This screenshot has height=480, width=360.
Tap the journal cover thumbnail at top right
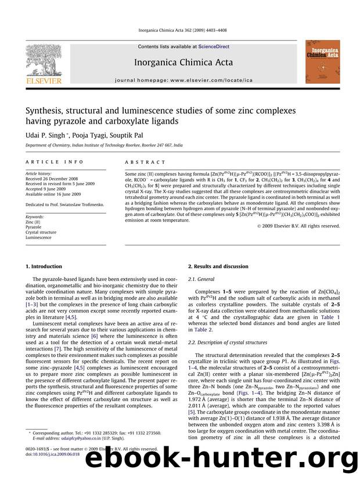(x=323, y=61)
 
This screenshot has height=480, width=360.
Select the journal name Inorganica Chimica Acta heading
(x=183, y=63)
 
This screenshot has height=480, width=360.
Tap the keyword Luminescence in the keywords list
(x=40, y=237)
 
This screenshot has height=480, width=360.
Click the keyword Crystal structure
(x=44, y=232)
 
